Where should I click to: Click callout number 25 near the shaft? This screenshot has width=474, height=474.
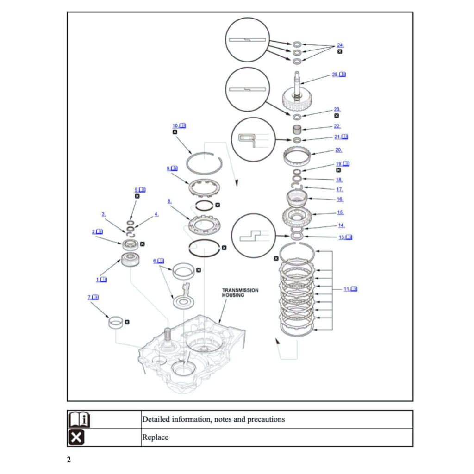coord(335,75)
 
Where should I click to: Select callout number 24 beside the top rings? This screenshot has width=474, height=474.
coord(340,45)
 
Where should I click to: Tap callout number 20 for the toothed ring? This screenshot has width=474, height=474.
coord(338,150)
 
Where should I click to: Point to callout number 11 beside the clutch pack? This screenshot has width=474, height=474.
coord(347,289)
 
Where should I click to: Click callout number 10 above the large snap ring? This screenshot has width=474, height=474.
coord(175,125)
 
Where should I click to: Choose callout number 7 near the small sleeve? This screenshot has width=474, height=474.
coord(90,297)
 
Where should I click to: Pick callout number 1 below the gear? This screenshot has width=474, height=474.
coord(98,280)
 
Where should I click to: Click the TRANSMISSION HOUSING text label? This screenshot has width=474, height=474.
coord(240,293)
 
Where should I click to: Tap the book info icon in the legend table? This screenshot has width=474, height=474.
coord(79,419)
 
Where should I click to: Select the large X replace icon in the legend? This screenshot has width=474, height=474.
coord(76,437)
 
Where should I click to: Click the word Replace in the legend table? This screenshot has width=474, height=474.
coord(155,437)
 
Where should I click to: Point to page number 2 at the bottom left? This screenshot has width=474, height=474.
coord(69,460)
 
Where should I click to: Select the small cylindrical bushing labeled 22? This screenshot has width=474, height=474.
coord(297,129)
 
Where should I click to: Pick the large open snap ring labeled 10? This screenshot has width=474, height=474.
coord(205,163)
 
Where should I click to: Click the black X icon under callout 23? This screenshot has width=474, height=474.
coord(337,116)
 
